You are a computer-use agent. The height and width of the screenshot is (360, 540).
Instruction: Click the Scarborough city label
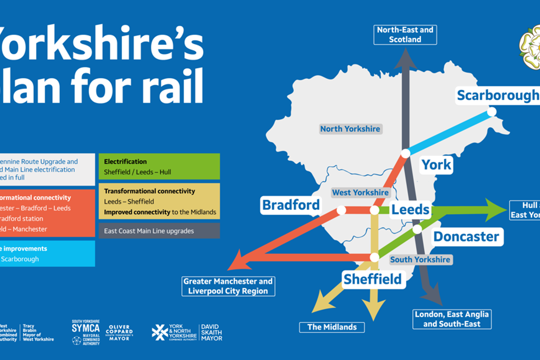(x=497, y=95)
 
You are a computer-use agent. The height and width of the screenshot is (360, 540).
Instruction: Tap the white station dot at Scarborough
(x=491, y=112)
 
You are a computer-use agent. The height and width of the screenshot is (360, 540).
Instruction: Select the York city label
(x=436, y=165)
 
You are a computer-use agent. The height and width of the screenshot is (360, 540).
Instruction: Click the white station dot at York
(x=405, y=153)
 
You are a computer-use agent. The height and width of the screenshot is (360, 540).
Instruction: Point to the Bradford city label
(x=291, y=205)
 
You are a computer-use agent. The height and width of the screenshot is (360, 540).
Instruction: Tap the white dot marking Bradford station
(x=341, y=210)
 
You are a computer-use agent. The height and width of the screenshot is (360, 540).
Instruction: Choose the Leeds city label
(x=410, y=210)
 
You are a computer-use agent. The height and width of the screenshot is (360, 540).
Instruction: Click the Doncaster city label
(x=466, y=237)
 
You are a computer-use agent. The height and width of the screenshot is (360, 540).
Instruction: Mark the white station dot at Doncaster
(x=417, y=229)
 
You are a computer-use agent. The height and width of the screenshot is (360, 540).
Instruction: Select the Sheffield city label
(x=372, y=279)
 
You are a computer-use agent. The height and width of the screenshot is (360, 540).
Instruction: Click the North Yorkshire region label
(x=350, y=129)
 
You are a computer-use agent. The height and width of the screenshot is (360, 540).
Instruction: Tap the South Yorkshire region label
(x=420, y=260)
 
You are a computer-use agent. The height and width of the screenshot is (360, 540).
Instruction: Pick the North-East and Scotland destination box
(x=405, y=35)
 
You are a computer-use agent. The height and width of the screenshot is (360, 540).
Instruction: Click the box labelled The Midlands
(x=332, y=327)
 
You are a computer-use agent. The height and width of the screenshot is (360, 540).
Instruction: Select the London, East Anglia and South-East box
(x=451, y=319)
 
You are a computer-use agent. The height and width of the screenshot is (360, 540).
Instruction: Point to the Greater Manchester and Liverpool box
(x=228, y=286)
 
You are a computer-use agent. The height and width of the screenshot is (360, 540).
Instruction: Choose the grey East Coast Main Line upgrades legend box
(x=159, y=231)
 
